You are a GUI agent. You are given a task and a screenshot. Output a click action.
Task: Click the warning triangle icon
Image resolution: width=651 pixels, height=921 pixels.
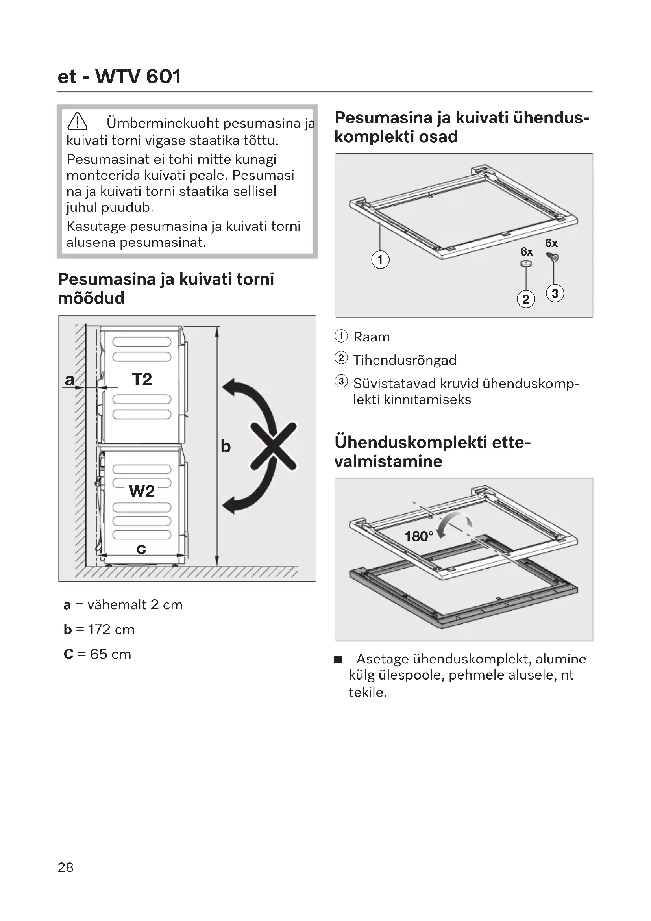78,121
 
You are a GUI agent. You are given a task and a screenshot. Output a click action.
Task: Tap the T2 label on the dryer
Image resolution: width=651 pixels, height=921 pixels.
142,379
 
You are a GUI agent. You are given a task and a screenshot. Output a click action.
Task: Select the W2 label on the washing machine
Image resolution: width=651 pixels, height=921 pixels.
142,491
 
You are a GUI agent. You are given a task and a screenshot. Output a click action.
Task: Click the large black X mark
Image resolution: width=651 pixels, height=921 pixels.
274,446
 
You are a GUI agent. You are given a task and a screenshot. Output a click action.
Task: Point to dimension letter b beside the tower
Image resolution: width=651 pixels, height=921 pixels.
226,446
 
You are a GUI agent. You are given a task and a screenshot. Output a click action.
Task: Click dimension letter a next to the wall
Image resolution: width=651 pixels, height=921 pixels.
70,380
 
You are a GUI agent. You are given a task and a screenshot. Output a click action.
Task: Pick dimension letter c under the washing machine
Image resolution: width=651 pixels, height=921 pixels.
141,549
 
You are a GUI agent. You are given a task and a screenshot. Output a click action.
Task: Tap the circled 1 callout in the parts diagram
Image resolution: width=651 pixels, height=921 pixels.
380,259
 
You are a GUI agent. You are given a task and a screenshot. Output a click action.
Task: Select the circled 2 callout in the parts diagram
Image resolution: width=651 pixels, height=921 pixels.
526,299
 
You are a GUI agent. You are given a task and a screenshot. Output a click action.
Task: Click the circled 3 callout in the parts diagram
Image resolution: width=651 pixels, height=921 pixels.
555,294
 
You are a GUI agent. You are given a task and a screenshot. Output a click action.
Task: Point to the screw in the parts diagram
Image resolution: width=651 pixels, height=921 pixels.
552,257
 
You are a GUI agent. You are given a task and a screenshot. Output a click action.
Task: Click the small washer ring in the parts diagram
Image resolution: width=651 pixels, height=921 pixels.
526,264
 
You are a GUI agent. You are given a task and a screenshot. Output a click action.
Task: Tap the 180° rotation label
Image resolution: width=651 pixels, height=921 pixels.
418,537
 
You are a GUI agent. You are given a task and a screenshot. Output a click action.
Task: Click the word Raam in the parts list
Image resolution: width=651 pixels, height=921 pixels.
371,337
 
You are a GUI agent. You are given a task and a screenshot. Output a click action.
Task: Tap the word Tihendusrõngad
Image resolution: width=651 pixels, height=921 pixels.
405,360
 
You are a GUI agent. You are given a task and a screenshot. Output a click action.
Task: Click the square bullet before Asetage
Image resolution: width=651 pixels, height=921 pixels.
338,660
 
